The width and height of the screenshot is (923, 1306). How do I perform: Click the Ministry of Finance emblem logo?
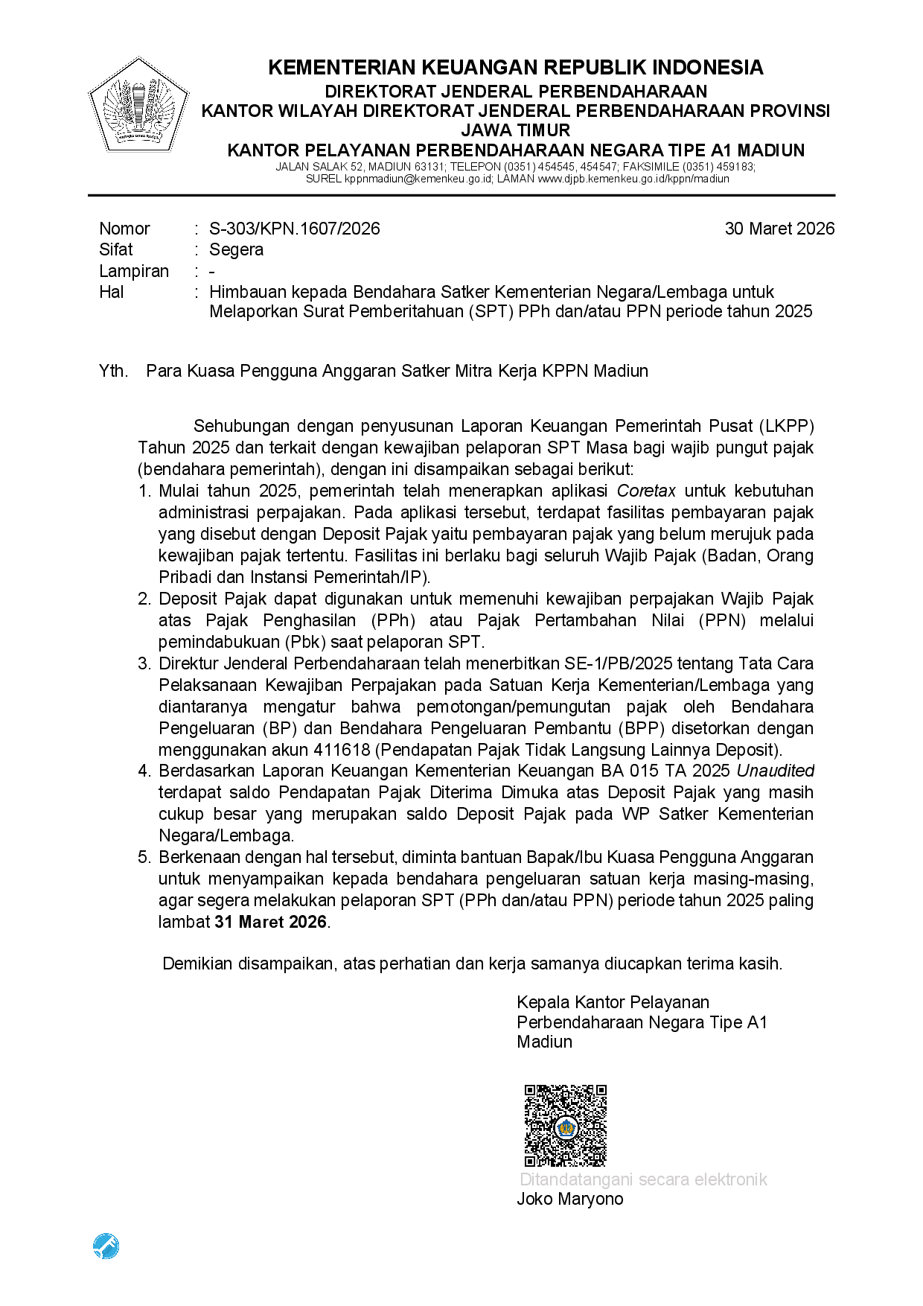click(138, 106)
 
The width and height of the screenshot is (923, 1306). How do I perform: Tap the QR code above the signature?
click(565, 1125)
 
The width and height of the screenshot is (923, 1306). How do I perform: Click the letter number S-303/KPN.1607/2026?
click(294, 229)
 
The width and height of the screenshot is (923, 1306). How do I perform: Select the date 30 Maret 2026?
click(779, 229)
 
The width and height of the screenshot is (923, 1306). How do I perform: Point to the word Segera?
click(236, 249)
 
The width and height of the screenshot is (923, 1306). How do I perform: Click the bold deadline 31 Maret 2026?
click(271, 922)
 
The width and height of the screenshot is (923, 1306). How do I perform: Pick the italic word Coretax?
click(646, 491)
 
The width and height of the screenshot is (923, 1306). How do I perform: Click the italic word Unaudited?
click(776, 771)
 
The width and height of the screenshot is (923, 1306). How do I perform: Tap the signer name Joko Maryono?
click(570, 1199)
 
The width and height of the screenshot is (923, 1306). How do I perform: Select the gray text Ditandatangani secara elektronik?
click(643, 1179)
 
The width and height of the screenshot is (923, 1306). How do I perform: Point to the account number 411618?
click(342, 750)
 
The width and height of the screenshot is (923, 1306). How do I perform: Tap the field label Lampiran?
click(134, 271)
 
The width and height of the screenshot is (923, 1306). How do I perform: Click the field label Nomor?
click(124, 229)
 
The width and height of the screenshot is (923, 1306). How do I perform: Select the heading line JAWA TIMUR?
click(515, 130)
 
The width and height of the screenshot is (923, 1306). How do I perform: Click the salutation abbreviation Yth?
click(113, 371)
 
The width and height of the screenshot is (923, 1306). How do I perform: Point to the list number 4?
click(144, 771)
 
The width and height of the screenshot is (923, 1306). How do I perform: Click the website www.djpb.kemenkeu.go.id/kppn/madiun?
click(633, 179)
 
